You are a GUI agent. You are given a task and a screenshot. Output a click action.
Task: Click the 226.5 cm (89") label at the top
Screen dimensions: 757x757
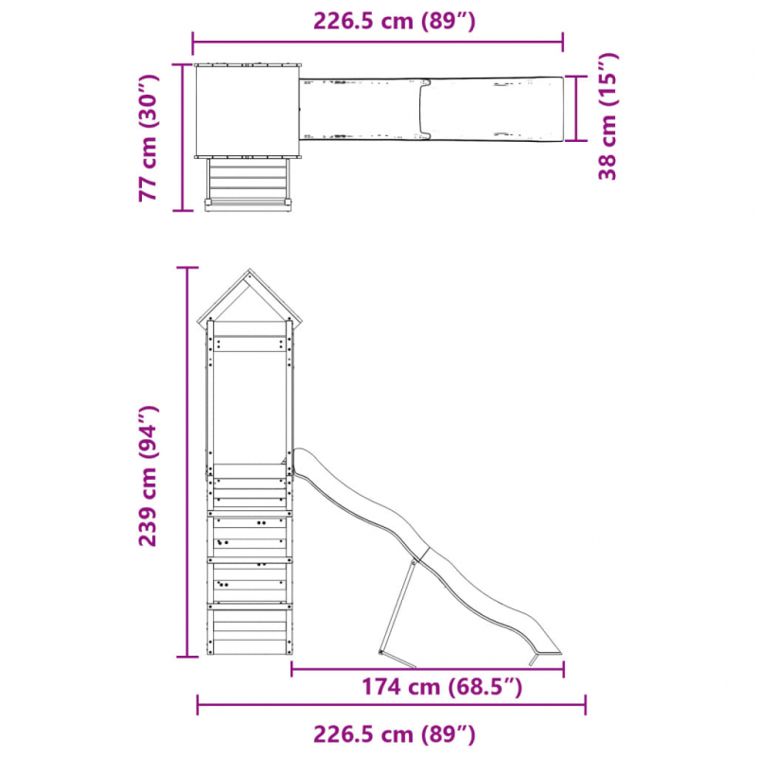(395, 21)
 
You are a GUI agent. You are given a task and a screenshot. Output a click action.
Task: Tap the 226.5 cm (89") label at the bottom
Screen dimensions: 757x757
(395, 734)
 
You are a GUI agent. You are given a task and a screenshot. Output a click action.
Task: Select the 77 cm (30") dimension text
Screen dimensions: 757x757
(149, 137)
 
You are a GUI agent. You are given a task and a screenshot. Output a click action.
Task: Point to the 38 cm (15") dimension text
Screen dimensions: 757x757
(607, 116)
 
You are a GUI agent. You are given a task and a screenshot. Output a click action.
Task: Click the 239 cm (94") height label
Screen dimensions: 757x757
(149, 476)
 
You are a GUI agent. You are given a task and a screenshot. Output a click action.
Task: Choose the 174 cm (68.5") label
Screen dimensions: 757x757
(442, 687)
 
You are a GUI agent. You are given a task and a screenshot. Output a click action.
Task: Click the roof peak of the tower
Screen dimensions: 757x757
(249, 271)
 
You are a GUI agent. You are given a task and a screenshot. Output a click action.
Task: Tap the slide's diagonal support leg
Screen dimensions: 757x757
(397, 610)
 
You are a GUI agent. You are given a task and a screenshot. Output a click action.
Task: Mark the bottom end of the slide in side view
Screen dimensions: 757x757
(547, 653)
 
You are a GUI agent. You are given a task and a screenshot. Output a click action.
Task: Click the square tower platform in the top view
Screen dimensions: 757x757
(247, 111)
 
